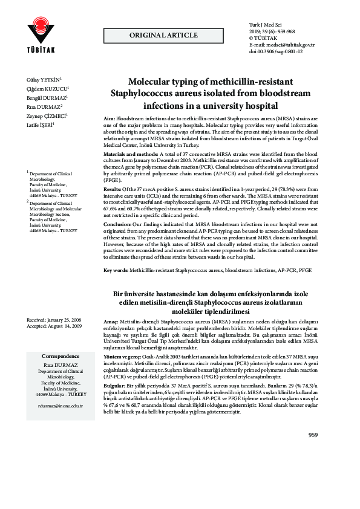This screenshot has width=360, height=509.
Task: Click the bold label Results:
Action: tap(114, 190)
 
